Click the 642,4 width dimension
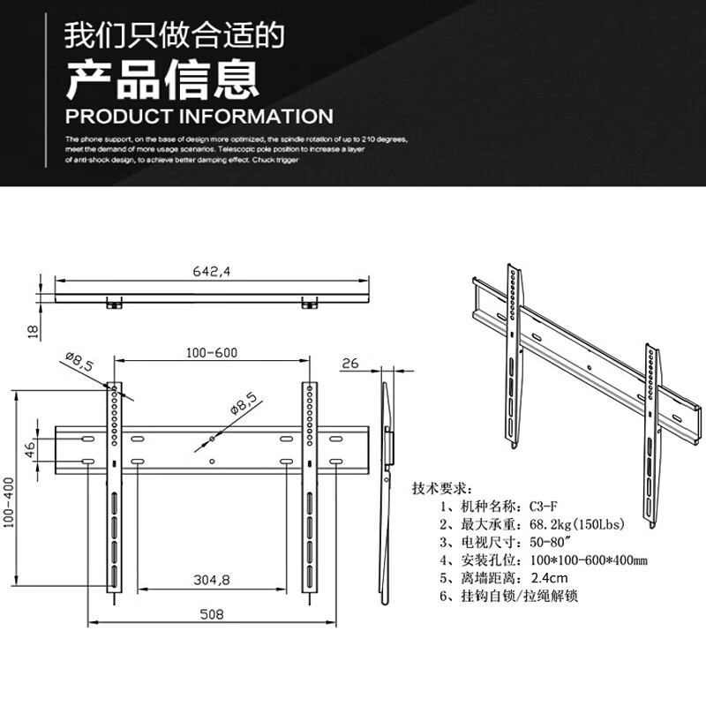(212, 272)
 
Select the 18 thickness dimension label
(33, 331)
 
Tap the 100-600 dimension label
(212, 352)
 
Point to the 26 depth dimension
(349, 363)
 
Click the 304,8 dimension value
(212, 580)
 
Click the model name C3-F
(540, 506)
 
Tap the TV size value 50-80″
(549, 542)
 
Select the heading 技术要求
(442, 488)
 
